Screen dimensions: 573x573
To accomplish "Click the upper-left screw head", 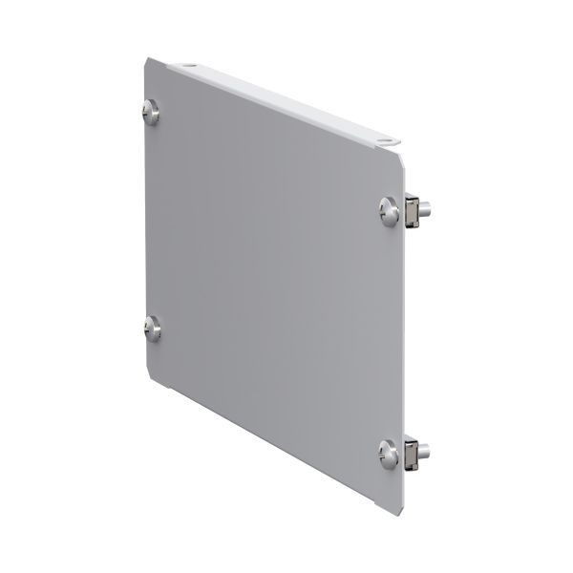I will click(x=152, y=111).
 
